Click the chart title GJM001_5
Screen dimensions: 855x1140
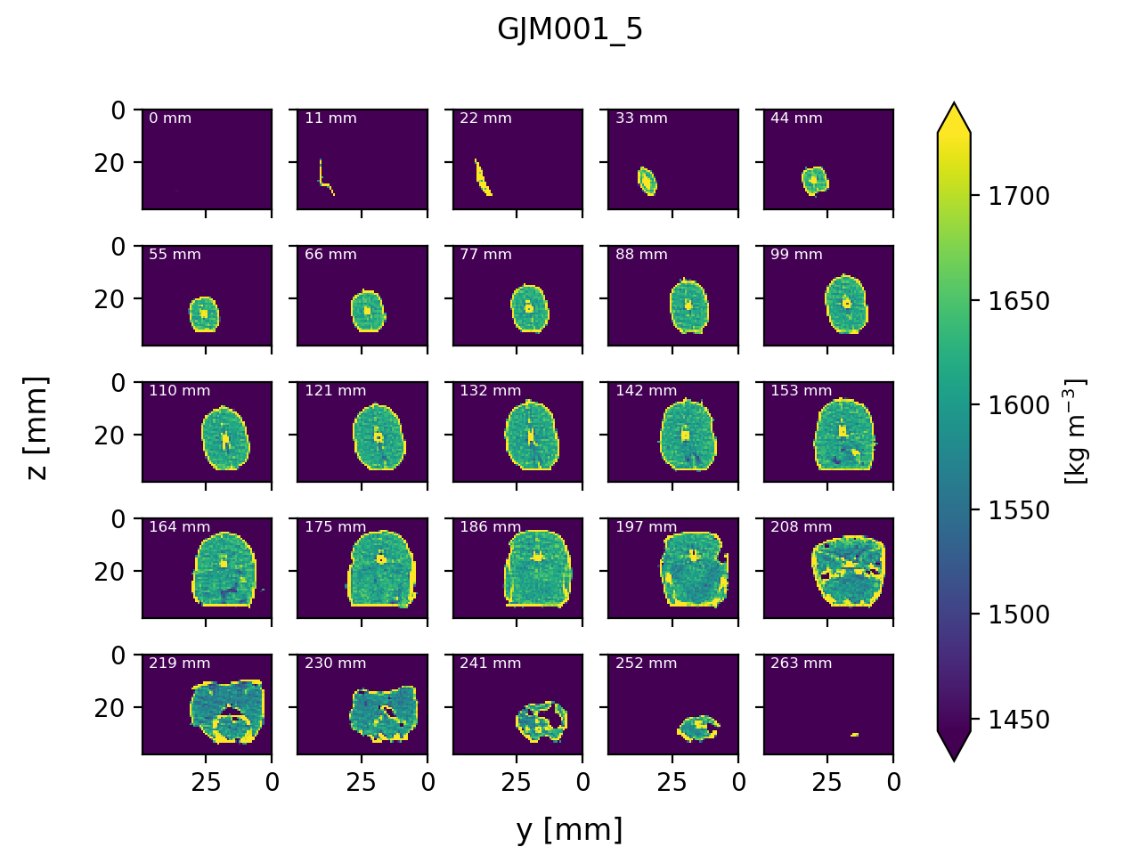click(570, 30)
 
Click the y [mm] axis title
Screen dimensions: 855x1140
click(569, 829)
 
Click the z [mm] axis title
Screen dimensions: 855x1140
click(37, 427)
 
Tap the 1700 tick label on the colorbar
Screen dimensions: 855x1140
click(1019, 196)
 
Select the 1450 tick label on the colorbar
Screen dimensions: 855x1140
click(1019, 720)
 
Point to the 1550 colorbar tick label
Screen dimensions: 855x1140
click(1019, 510)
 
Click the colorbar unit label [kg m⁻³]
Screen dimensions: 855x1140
click(1077, 432)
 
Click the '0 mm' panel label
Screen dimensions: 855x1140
click(170, 118)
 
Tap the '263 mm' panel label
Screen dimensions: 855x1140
click(801, 664)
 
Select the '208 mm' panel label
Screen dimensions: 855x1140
click(801, 527)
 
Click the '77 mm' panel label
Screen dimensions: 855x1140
click(485, 255)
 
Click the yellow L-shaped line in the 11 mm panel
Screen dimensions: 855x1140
click(322, 178)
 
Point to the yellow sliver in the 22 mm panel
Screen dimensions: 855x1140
click(482, 177)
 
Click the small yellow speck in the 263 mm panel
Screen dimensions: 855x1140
click(854, 735)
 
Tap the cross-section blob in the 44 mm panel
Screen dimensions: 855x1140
click(814, 181)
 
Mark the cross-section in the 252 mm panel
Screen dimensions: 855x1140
click(699, 728)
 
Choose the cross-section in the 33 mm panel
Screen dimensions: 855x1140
click(647, 181)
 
